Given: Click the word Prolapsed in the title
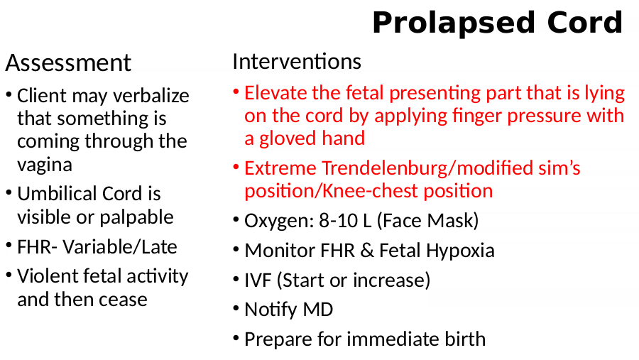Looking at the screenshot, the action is point(454,23).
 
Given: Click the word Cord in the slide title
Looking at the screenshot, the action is point(585,23).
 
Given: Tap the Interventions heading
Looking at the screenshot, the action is point(297,62).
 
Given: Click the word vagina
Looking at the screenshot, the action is point(45,165).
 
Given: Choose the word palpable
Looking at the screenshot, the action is point(136,217).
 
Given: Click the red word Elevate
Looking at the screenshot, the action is point(275,93).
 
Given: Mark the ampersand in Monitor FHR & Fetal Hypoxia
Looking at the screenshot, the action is point(367,251).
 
